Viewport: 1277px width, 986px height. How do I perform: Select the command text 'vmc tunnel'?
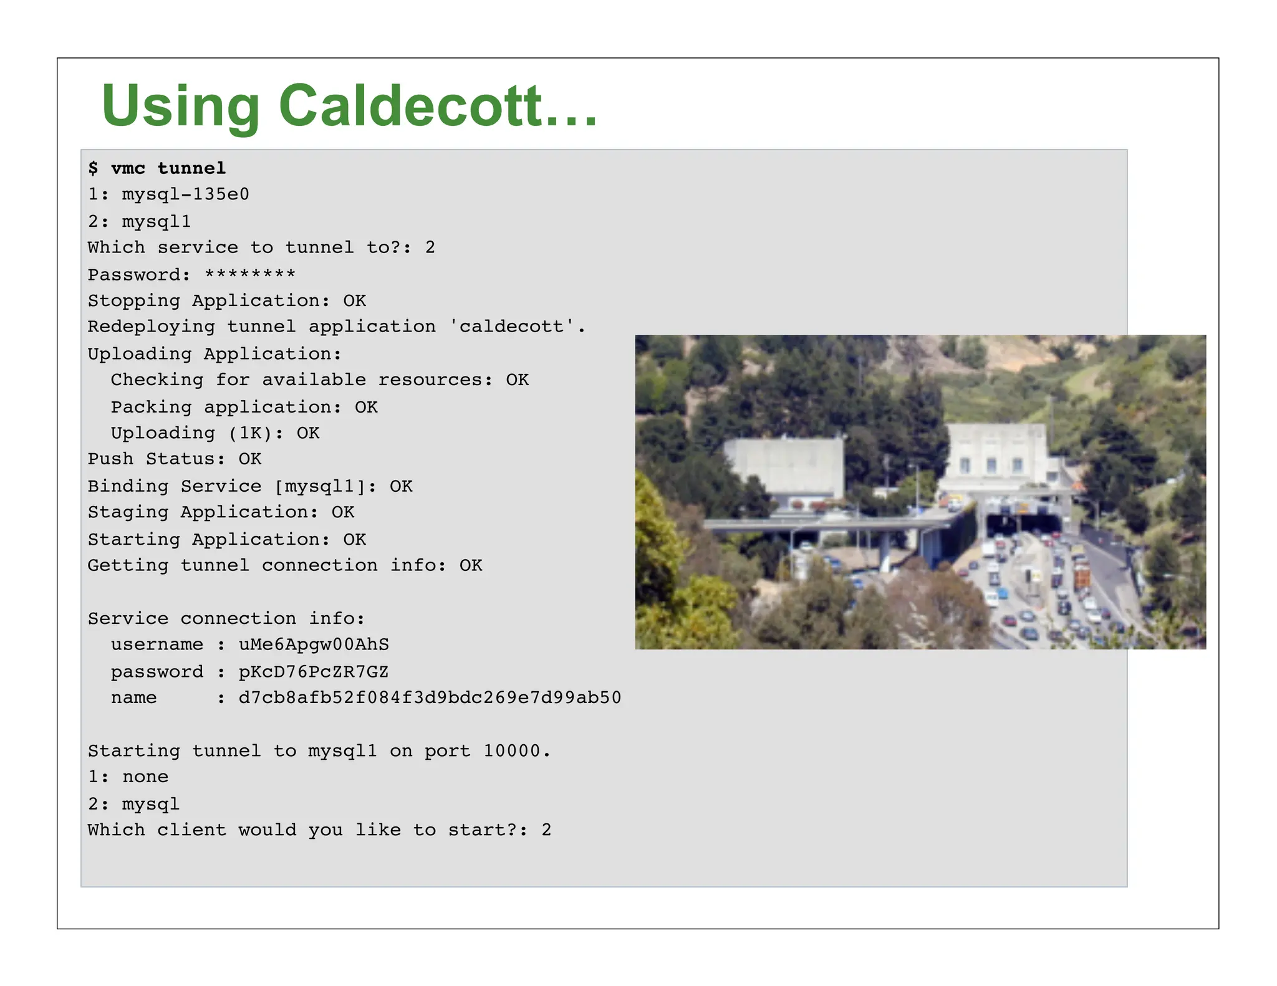[168, 168]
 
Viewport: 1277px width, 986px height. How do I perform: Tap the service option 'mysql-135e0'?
[185, 194]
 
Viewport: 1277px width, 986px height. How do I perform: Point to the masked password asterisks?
[250, 274]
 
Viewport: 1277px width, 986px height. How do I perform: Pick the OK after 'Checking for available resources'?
[517, 380]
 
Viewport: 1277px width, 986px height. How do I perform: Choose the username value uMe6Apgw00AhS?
[314, 644]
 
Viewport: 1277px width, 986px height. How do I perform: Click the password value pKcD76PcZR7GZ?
[314, 672]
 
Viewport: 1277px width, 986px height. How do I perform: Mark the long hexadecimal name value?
[430, 697]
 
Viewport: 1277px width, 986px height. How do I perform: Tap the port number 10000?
[512, 751]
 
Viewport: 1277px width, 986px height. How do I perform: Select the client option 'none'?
[145, 777]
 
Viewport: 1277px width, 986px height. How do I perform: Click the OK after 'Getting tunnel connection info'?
[471, 565]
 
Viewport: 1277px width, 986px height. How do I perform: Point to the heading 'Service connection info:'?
[226, 618]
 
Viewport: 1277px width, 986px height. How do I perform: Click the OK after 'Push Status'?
[249, 459]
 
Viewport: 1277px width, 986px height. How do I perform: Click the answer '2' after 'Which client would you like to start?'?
[546, 830]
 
